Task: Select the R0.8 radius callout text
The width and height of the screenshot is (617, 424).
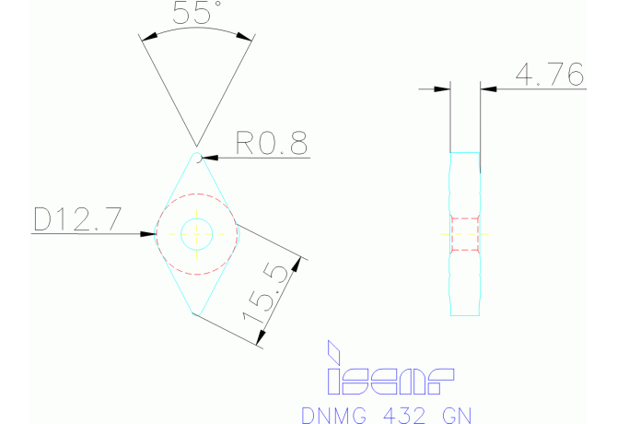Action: [x=271, y=143]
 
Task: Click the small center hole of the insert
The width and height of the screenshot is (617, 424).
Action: [x=196, y=233]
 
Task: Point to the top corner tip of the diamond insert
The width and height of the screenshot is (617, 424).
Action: [x=197, y=155]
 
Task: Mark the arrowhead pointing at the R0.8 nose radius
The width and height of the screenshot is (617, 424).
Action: [x=209, y=159]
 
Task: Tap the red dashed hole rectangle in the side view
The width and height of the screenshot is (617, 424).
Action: [x=465, y=233]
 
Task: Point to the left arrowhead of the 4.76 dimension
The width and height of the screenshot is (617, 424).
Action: [x=443, y=89]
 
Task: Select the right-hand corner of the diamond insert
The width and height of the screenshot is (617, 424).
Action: [x=238, y=226]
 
